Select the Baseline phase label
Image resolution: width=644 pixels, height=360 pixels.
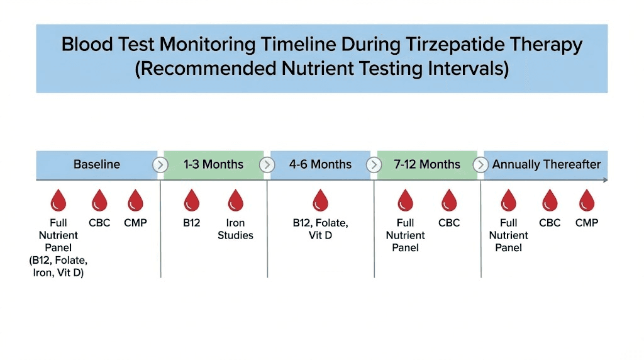(97, 165)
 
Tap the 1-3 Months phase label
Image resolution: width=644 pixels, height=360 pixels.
(213, 165)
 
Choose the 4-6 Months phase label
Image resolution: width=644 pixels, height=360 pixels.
(320, 165)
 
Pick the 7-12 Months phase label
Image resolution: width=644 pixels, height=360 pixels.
(427, 165)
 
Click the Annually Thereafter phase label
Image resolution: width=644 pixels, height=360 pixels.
(546, 165)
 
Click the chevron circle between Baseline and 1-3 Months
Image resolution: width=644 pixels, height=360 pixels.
(160, 165)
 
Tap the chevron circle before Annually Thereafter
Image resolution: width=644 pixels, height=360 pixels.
(480, 165)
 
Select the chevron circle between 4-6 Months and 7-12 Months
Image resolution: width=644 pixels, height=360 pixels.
(374, 165)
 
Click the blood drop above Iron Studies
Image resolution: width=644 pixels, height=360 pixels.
(236, 201)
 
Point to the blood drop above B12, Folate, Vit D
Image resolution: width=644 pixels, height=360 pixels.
(320, 201)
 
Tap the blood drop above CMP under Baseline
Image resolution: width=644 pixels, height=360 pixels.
(135, 201)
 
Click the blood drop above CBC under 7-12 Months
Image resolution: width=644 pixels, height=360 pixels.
(449, 201)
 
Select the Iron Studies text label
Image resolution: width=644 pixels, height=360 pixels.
(236, 229)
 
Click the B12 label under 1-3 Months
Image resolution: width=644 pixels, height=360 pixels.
(191, 223)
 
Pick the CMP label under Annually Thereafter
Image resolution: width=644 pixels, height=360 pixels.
(587, 223)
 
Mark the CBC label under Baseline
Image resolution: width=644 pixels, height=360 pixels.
(99, 223)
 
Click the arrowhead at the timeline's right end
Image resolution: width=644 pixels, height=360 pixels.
(605, 181)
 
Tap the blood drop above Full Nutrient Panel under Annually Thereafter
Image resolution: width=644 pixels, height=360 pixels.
(508, 201)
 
